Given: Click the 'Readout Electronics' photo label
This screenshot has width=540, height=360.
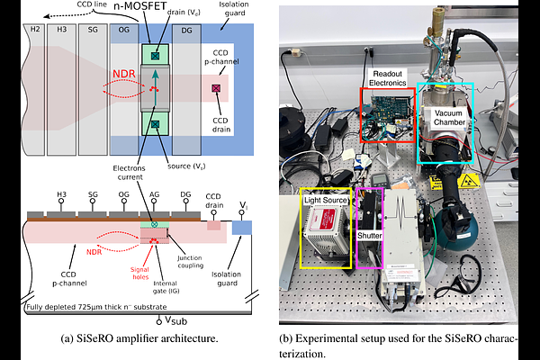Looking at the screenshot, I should point(389,77).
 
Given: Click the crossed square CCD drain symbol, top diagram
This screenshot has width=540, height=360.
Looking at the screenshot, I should point(215,88).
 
